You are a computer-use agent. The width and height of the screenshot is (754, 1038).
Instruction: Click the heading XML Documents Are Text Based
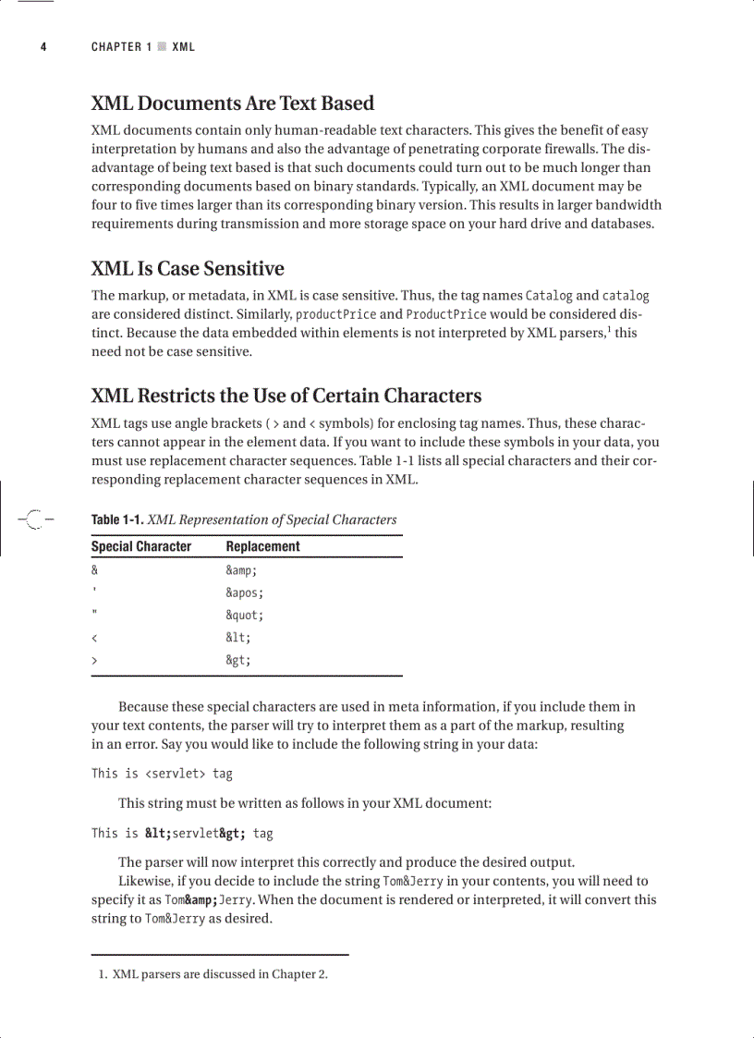pos(232,104)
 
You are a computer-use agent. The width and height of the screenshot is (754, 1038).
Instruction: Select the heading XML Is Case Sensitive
pos(188,269)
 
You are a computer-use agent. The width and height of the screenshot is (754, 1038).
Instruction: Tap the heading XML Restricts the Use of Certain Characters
pos(286,397)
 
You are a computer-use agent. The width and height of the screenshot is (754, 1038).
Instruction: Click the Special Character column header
pos(140,546)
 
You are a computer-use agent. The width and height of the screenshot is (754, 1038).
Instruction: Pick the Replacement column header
pos(262,546)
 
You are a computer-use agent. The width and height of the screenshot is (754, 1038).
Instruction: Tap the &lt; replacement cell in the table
pos(238,638)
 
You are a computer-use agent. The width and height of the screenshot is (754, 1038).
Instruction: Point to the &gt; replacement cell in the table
pos(238,660)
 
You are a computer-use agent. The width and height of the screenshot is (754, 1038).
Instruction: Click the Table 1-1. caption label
pos(117,519)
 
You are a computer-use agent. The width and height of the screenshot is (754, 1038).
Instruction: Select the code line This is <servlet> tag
pos(162,773)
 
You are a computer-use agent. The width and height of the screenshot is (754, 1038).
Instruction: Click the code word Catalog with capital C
pos(549,296)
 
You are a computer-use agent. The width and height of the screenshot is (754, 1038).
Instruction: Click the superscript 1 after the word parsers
pos(607,328)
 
